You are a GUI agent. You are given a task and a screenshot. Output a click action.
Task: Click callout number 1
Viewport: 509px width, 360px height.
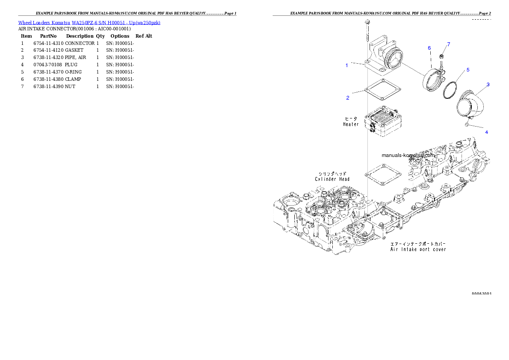point(347,65)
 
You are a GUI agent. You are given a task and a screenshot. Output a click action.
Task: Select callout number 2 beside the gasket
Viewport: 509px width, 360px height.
point(348,98)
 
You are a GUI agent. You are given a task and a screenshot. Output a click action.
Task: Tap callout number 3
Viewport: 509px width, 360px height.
point(488,85)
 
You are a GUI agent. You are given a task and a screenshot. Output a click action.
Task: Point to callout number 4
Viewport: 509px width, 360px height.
point(486,132)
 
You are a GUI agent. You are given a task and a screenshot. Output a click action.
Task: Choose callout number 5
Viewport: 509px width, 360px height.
point(468,69)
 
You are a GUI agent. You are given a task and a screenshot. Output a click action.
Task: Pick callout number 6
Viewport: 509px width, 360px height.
point(429,48)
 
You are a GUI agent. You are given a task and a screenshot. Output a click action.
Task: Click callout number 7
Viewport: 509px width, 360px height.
point(449,44)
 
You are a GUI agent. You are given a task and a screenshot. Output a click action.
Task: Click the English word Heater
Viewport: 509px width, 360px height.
point(351,124)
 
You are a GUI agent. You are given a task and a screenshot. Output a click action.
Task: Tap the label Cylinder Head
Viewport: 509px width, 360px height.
point(332,179)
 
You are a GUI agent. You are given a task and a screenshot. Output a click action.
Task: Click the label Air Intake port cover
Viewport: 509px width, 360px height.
point(418,249)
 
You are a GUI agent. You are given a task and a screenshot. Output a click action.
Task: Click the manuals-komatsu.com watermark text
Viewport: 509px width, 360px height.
point(409,156)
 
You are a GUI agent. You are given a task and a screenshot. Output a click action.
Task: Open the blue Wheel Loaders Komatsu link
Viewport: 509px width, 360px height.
point(89,23)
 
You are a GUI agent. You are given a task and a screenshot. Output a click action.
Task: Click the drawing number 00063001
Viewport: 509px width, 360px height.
point(481,294)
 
